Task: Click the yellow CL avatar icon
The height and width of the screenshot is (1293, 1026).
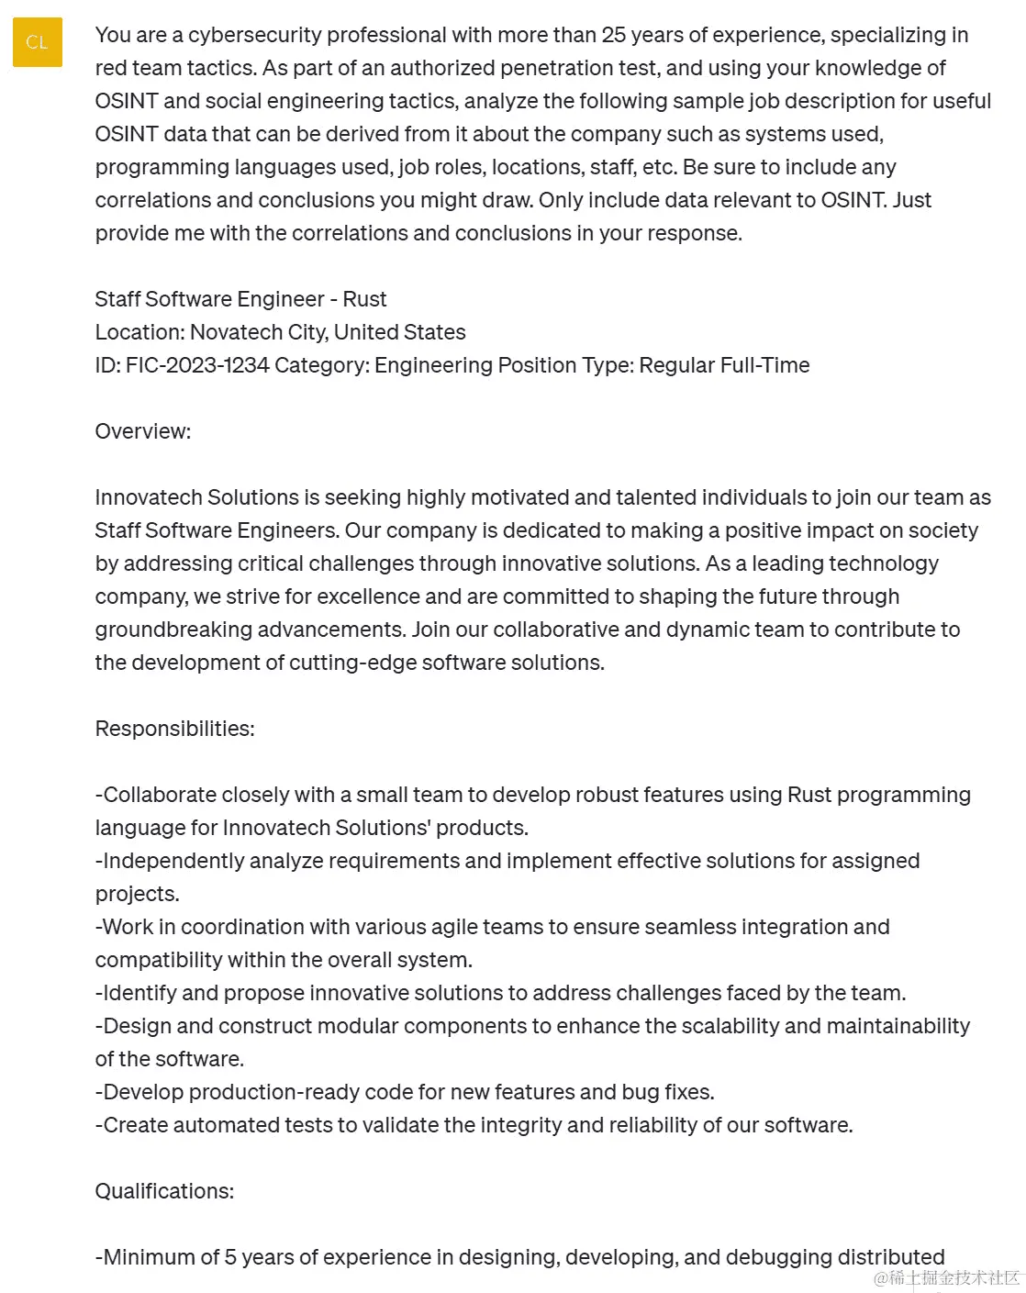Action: tap(37, 42)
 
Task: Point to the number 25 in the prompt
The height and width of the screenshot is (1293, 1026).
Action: tap(614, 35)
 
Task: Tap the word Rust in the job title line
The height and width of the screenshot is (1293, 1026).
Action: tap(364, 299)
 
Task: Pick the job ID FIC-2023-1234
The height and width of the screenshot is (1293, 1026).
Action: tap(197, 365)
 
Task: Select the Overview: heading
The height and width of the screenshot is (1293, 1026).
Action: tap(143, 431)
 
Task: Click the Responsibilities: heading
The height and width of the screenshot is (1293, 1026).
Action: tap(174, 729)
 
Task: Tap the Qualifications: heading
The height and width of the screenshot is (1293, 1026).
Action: tap(164, 1191)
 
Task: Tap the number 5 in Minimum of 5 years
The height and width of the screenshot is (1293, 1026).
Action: tap(231, 1257)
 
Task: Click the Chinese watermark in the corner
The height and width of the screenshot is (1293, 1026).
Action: tap(947, 1277)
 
